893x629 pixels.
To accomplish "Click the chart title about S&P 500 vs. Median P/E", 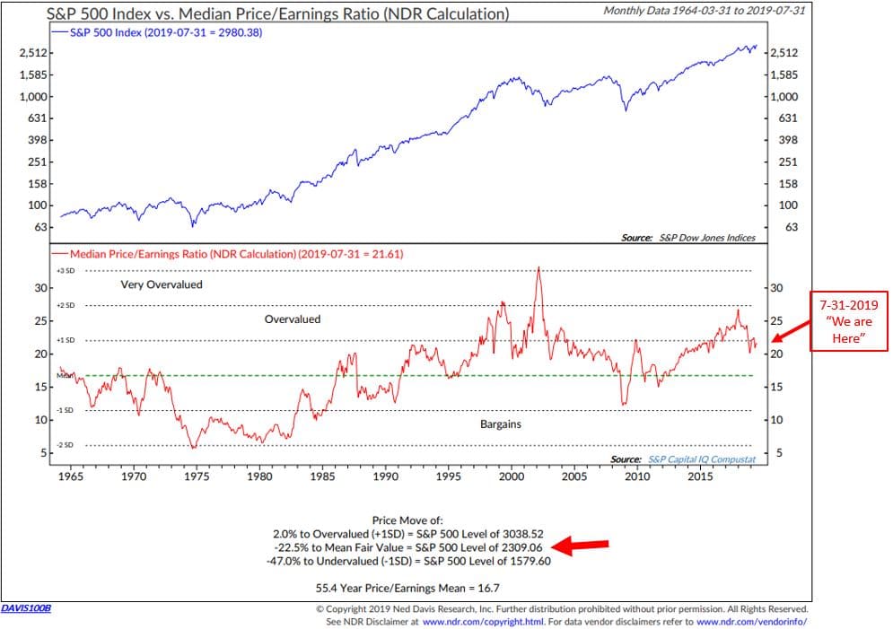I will (x=278, y=13).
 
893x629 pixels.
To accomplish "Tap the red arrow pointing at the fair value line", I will (x=584, y=545).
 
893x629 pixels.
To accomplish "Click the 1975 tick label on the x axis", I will (x=197, y=476).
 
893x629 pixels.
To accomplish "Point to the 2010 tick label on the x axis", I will (x=637, y=476).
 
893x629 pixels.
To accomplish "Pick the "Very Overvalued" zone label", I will (x=162, y=284).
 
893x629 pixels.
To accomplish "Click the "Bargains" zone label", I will (x=501, y=424).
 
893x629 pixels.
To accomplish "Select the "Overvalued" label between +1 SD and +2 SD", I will (x=293, y=319).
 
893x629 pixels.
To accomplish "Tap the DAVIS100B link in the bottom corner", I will (x=26, y=608).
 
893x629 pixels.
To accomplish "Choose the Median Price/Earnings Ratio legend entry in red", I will (x=235, y=254).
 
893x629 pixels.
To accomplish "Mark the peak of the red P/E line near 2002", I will (x=538, y=267).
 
